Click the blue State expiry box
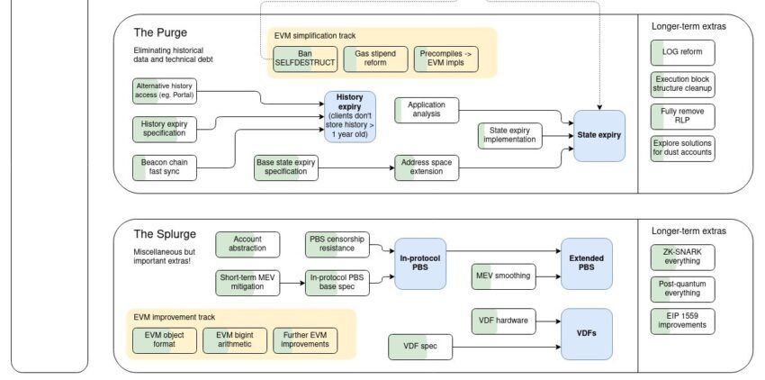click(x=599, y=136)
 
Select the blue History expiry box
click(x=349, y=117)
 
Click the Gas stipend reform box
click(x=376, y=59)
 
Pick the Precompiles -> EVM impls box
click(x=448, y=59)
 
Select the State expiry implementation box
click(x=509, y=136)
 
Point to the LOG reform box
click(x=682, y=52)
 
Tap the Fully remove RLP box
click(x=682, y=115)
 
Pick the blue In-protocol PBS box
click(x=420, y=263)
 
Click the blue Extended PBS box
click(x=585, y=263)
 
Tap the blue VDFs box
click(x=585, y=332)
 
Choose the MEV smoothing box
click(x=503, y=274)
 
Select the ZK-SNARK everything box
click(x=682, y=257)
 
